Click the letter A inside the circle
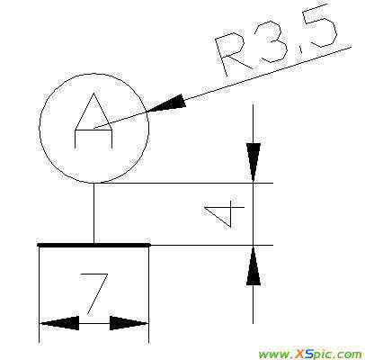[93, 121]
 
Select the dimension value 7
[94, 293]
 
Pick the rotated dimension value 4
[224, 213]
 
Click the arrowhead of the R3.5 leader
[165, 103]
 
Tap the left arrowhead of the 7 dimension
[59, 323]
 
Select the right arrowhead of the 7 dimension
[129, 323]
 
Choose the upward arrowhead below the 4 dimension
[254, 265]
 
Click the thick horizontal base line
[93, 245]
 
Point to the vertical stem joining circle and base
[93, 213]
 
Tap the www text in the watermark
[271, 355]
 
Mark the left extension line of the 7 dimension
[40, 295]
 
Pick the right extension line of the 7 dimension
[148, 295]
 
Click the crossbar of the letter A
[93, 130]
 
